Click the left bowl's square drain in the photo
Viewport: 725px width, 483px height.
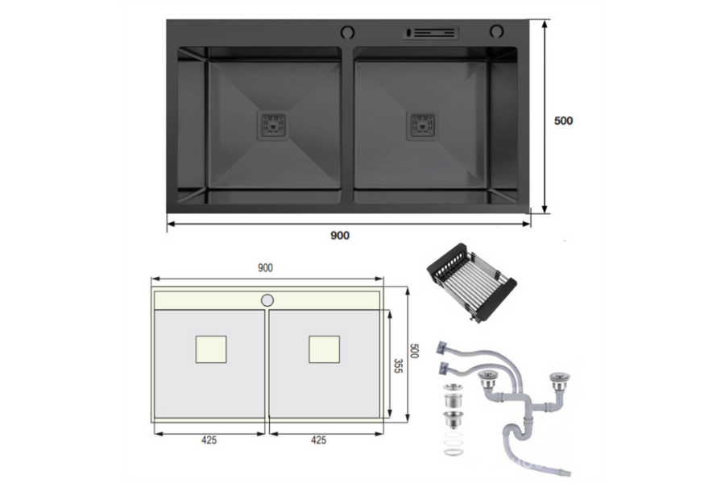(x=271, y=125)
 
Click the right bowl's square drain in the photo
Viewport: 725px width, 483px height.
(x=422, y=125)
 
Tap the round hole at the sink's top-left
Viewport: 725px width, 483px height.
(x=347, y=32)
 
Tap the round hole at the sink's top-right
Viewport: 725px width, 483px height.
(x=495, y=32)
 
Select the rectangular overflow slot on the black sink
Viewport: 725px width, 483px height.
(x=431, y=33)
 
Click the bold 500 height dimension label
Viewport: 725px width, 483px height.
(x=563, y=121)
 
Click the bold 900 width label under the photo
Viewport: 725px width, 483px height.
(x=340, y=235)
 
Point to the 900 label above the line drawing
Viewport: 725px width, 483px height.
(x=265, y=268)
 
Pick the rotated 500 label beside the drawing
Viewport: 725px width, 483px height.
(x=414, y=352)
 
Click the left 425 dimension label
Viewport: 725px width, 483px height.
(x=208, y=440)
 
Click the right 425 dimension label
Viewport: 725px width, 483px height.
(x=318, y=440)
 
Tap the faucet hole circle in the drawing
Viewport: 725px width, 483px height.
(x=267, y=300)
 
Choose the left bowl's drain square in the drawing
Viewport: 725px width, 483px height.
(x=211, y=349)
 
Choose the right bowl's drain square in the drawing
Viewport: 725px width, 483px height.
(x=324, y=348)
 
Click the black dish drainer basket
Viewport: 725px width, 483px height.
(x=471, y=283)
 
